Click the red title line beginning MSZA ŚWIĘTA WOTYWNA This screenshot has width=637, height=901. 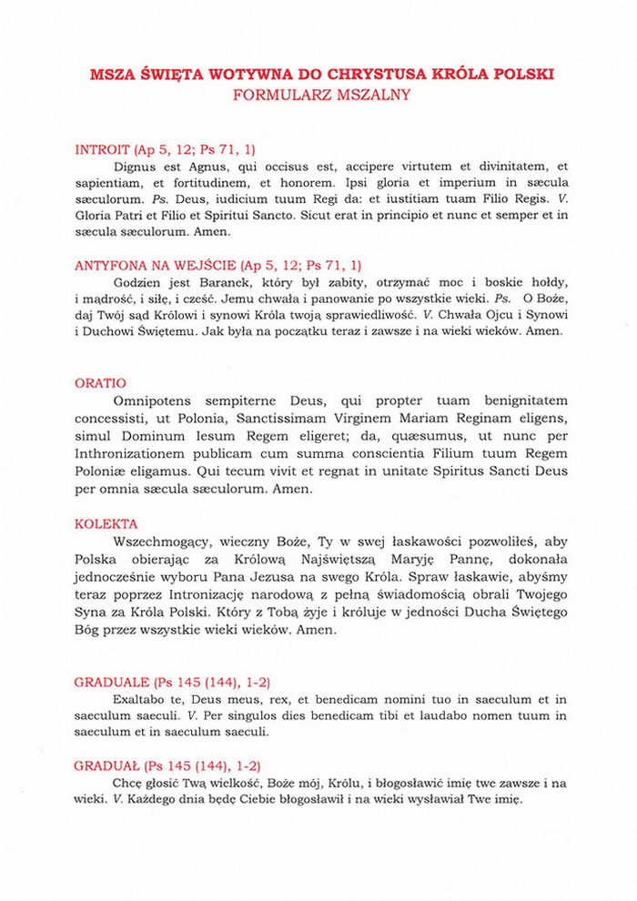322,74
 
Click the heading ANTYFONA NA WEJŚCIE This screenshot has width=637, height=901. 154,266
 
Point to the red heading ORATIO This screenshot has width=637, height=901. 100,383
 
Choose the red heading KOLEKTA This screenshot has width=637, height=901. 106,524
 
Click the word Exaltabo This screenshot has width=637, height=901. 140,699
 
